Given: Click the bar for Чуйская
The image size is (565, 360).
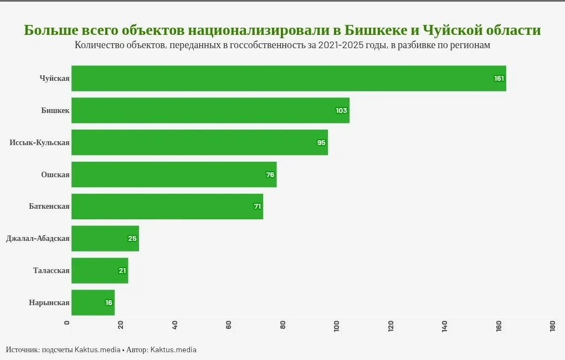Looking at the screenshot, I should (288, 78).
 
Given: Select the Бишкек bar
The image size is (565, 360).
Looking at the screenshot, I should (210, 110).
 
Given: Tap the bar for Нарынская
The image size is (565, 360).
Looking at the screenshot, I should (93, 302).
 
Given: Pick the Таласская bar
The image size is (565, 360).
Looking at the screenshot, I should (100, 270).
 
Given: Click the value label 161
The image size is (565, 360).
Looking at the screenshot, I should (499, 79).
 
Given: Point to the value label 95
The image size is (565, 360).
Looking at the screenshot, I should (321, 143).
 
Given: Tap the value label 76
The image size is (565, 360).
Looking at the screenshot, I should (270, 175).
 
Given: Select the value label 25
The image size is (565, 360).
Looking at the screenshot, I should (132, 239).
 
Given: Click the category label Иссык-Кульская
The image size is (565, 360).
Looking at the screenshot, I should (39, 143).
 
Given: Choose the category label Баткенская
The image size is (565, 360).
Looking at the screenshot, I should (49, 207).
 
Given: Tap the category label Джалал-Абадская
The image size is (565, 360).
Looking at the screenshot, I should (38, 239).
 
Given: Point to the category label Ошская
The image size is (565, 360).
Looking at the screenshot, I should (55, 175).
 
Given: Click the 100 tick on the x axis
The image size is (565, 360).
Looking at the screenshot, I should (337, 327).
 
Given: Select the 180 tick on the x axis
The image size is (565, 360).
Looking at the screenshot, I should (553, 327).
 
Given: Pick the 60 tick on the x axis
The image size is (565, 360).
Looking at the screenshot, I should (229, 326).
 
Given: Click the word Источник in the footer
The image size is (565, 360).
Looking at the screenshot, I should (23, 350).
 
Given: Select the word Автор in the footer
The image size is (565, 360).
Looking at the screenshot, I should (136, 350).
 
